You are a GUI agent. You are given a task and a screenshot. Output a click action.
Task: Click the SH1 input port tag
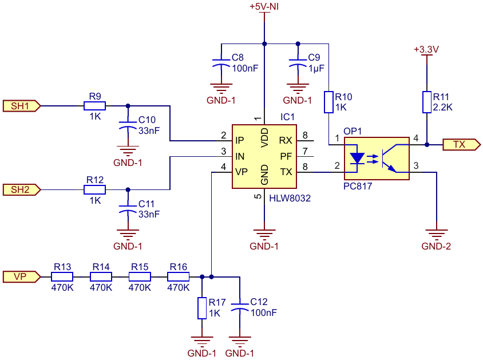(x=22, y=106)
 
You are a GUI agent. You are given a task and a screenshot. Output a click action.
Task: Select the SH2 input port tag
(x=22, y=189)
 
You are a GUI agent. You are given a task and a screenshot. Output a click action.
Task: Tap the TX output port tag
(x=461, y=144)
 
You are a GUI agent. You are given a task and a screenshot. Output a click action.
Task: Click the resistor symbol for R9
(x=95, y=106)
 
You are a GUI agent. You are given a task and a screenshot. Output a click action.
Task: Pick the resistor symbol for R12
(x=95, y=189)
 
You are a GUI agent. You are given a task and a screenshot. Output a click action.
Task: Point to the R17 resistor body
(x=202, y=308)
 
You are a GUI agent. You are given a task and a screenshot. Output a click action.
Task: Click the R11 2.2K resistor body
(x=426, y=102)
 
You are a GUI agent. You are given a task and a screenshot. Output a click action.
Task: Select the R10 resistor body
(x=328, y=102)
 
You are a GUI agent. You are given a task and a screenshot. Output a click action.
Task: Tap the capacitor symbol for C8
(x=221, y=62)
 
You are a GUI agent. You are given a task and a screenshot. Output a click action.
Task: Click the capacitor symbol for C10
(x=128, y=125)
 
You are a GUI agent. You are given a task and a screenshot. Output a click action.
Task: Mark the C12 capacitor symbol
(x=240, y=307)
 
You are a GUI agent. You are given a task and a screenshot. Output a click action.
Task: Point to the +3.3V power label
(x=426, y=49)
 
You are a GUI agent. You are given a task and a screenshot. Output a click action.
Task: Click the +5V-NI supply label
(x=264, y=6)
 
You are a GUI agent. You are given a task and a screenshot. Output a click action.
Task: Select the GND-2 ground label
(x=436, y=246)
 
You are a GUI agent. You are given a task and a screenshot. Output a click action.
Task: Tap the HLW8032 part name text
(x=290, y=198)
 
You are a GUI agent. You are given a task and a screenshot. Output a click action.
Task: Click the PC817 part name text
(x=358, y=186)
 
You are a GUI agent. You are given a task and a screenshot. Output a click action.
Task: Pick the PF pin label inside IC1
(x=286, y=156)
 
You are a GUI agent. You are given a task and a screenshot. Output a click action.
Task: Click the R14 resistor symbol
(x=101, y=276)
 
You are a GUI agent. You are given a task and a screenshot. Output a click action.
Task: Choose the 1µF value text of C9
(x=316, y=68)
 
